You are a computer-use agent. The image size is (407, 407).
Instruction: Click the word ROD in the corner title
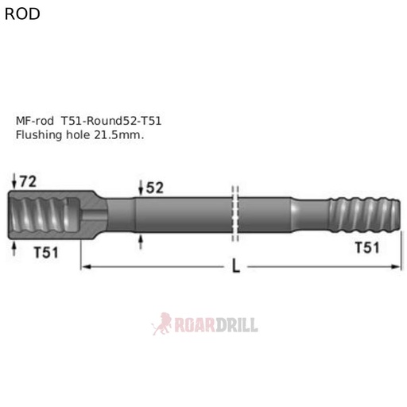[x=21, y=14]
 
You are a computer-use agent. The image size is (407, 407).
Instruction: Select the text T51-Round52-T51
[x=111, y=121]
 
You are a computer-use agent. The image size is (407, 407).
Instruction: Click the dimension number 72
[x=29, y=181]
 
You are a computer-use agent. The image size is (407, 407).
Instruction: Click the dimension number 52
[x=154, y=188]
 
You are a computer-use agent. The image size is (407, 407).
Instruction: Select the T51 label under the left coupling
[x=48, y=252]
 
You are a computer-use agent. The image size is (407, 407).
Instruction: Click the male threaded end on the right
[x=362, y=215]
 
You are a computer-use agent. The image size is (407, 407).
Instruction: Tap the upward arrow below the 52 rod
[x=141, y=240]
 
